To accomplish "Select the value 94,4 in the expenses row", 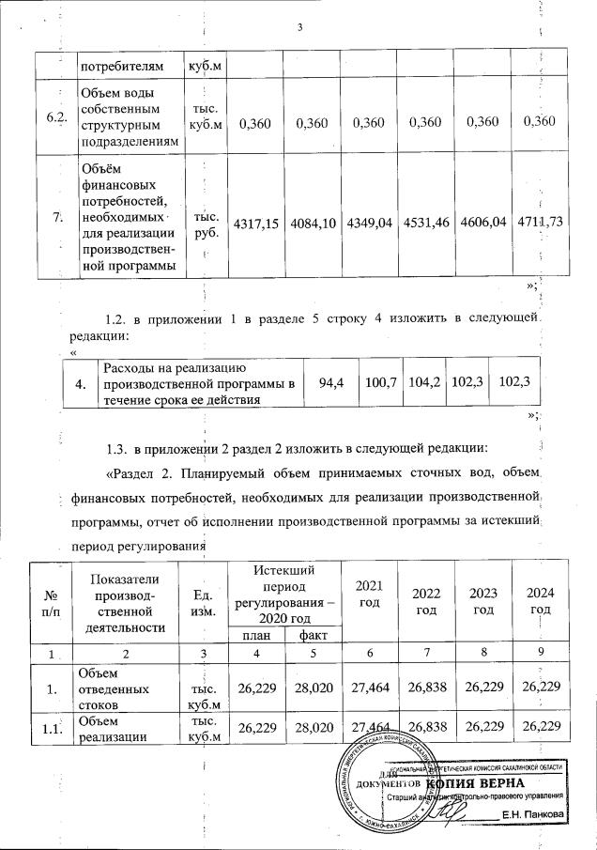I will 330,383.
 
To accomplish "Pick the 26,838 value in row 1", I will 425,688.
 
